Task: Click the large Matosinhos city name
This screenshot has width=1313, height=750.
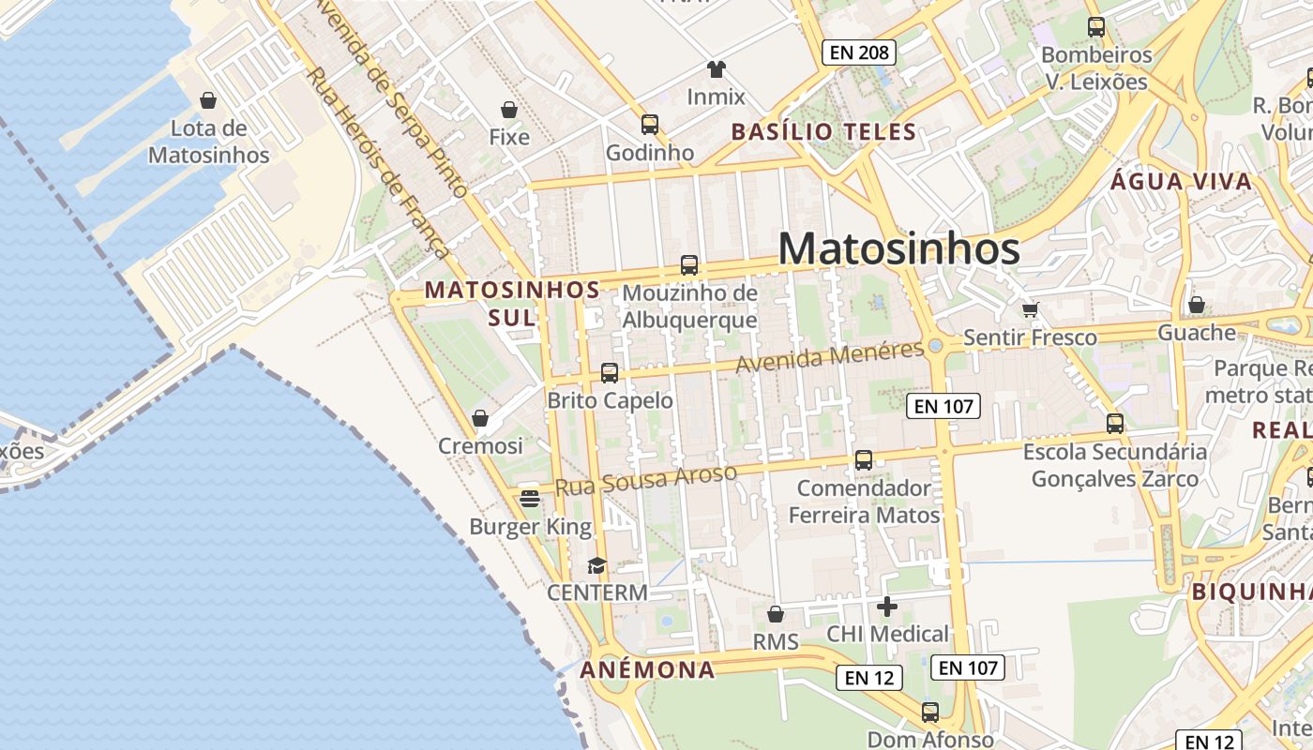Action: (x=898, y=249)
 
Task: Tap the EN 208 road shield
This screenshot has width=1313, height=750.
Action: (x=859, y=52)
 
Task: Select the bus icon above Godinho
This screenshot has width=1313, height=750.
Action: (x=649, y=125)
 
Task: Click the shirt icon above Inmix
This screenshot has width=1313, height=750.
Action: (x=717, y=69)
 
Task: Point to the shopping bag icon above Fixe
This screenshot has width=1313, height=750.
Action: (x=509, y=110)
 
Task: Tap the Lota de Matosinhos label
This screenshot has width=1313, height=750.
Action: (x=208, y=142)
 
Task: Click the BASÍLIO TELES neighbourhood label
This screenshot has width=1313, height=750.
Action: (x=823, y=132)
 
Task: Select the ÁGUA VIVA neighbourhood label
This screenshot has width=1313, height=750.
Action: (x=1181, y=182)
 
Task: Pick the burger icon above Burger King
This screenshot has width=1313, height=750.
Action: (x=530, y=498)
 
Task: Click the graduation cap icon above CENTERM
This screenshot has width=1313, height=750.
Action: (x=596, y=565)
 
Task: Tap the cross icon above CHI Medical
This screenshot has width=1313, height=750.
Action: (x=886, y=607)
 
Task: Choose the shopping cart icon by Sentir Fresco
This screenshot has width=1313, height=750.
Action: (x=1030, y=309)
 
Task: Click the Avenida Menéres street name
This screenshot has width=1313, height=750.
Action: (x=830, y=356)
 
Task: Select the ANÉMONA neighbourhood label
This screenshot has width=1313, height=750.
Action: (x=647, y=670)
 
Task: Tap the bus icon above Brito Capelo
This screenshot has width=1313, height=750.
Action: (x=610, y=373)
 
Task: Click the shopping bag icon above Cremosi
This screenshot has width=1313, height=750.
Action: (x=480, y=418)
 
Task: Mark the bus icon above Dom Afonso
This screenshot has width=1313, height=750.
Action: (x=929, y=712)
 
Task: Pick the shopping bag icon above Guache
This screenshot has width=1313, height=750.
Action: (x=1196, y=305)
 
